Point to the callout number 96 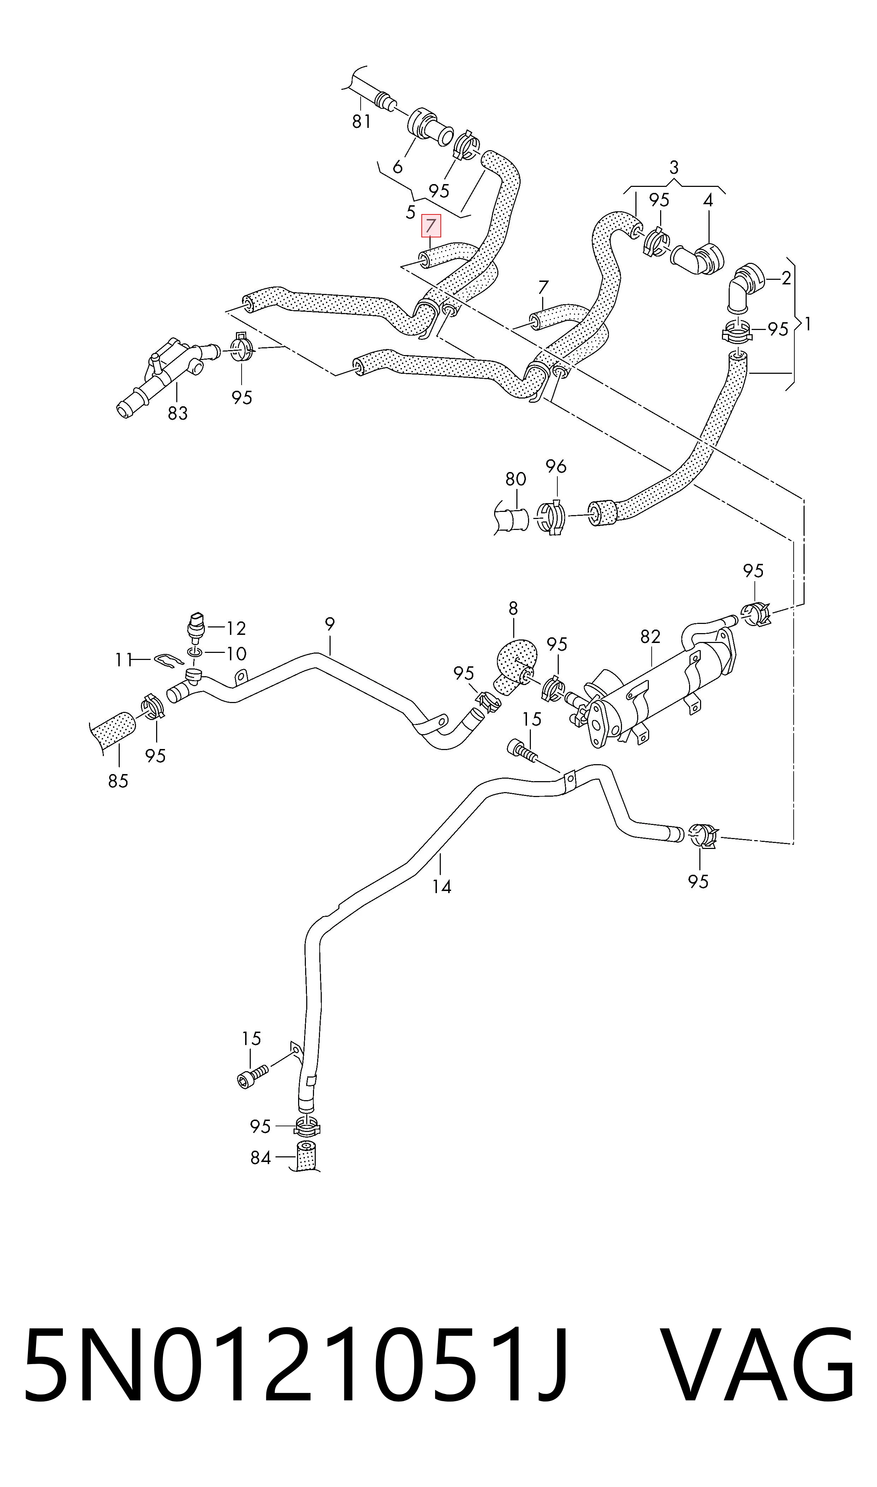[556, 467]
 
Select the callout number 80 [516, 479]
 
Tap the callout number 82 [650, 637]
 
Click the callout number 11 [124, 660]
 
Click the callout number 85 [118, 781]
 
